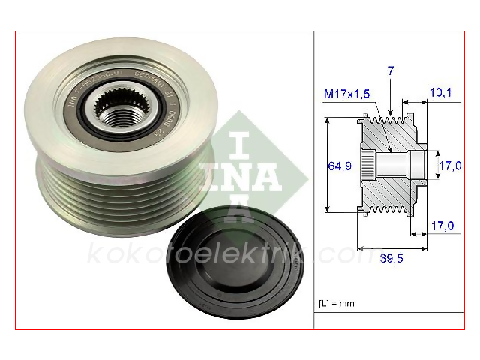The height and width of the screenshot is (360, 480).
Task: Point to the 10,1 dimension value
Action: coord(440,93)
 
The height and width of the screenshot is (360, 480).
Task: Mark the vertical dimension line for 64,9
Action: coord(328,165)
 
